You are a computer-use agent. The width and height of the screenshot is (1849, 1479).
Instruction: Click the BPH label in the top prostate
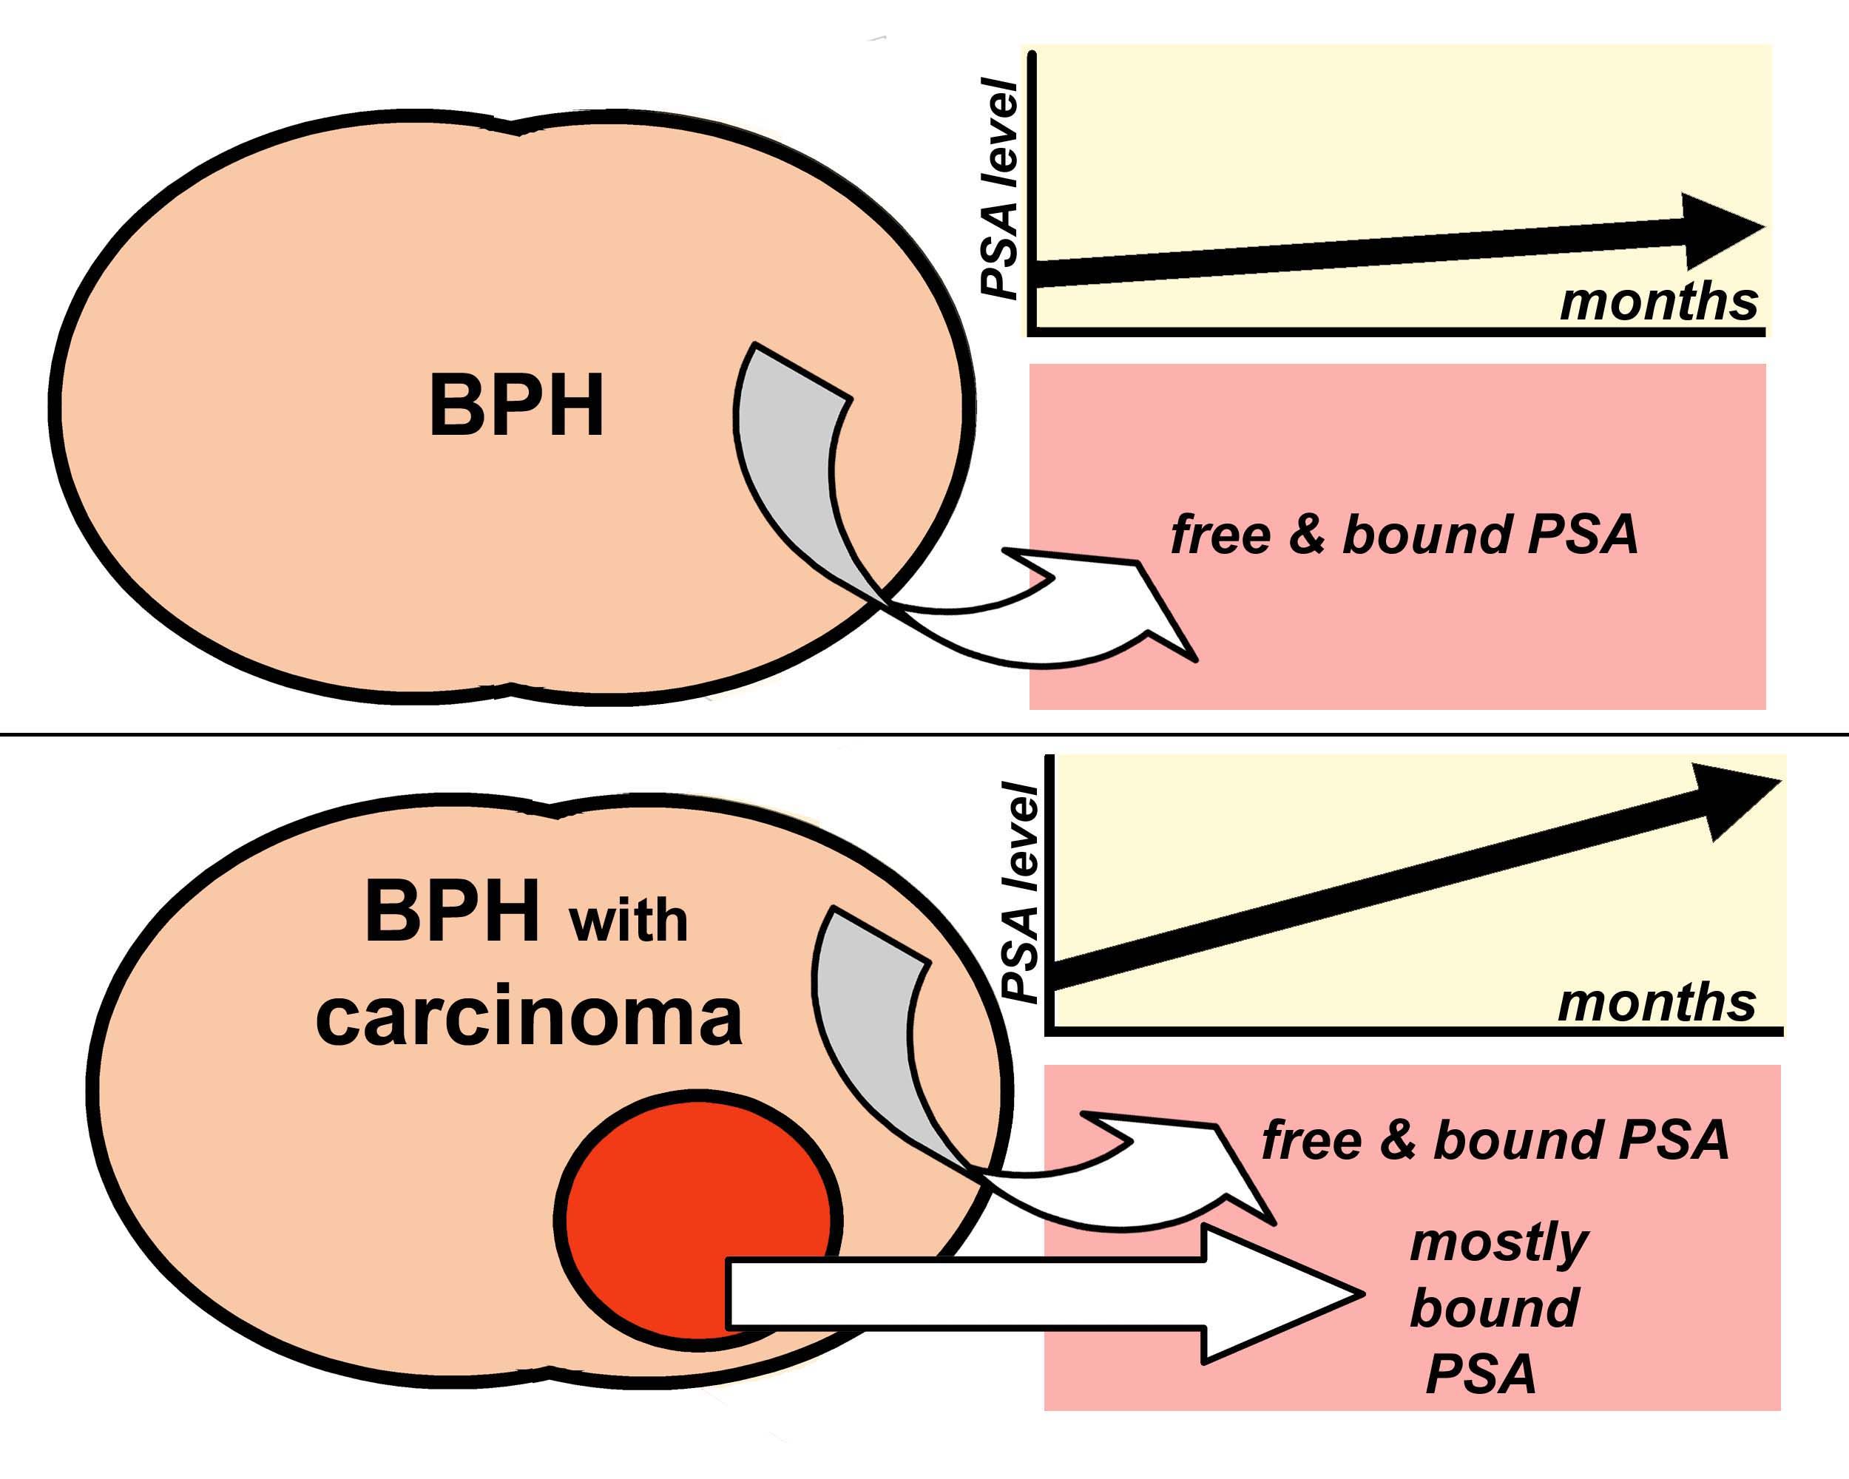[x=516, y=405]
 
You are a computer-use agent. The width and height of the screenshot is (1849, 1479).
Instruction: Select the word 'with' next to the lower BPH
[x=628, y=921]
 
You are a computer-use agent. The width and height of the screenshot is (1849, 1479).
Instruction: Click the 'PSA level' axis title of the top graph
[x=1000, y=189]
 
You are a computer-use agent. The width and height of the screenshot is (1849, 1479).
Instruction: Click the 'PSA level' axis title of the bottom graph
[x=1021, y=892]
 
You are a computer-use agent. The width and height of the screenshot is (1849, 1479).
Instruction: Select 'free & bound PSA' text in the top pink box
[x=1404, y=534]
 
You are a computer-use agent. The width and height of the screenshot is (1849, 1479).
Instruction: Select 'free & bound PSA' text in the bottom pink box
[x=1495, y=1140]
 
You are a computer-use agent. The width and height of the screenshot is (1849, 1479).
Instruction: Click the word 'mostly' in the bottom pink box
[x=1499, y=1242]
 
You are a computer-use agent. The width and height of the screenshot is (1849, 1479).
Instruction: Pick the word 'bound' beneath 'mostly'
[x=1494, y=1308]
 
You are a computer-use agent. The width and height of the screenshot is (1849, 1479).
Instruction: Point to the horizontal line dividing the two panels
[x=924, y=734]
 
